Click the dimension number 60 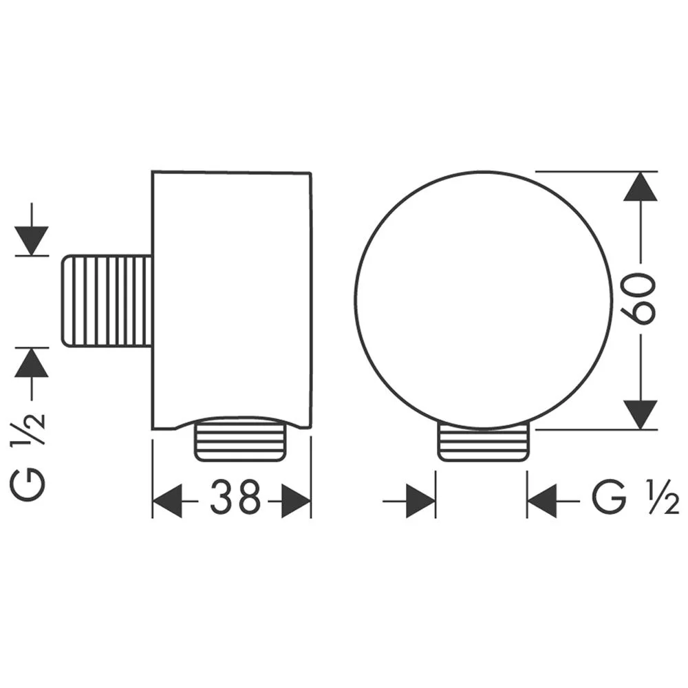click(x=639, y=299)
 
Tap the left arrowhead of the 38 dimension click(x=167, y=501)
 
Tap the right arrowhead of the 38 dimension click(x=296, y=501)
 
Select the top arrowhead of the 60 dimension click(x=641, y=186)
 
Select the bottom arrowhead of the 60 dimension click(x=641, y=415)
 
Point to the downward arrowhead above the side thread click(x=31, y=240)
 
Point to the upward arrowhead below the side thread click(x=31, y=363)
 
